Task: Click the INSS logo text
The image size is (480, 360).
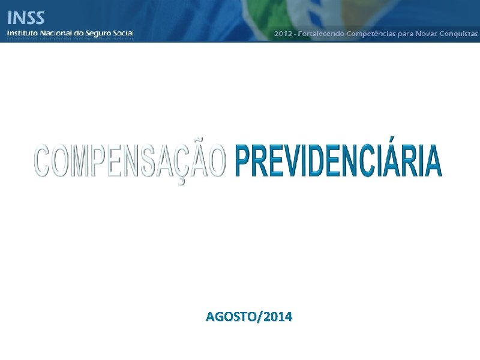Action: pyautogui.click(x=25, y=16)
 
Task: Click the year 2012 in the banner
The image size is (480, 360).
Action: pyautogui.click(x=283, y=34)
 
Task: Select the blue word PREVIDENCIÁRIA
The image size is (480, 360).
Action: pyautogui.click(x=338, y=161)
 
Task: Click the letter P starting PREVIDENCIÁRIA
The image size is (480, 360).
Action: pyautogui.click(x=243, y=161)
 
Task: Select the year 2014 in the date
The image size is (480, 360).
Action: pyautogui.click(x=277, y=316)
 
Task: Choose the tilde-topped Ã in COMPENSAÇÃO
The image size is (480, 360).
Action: pyautogui.click(x=197, y=160)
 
